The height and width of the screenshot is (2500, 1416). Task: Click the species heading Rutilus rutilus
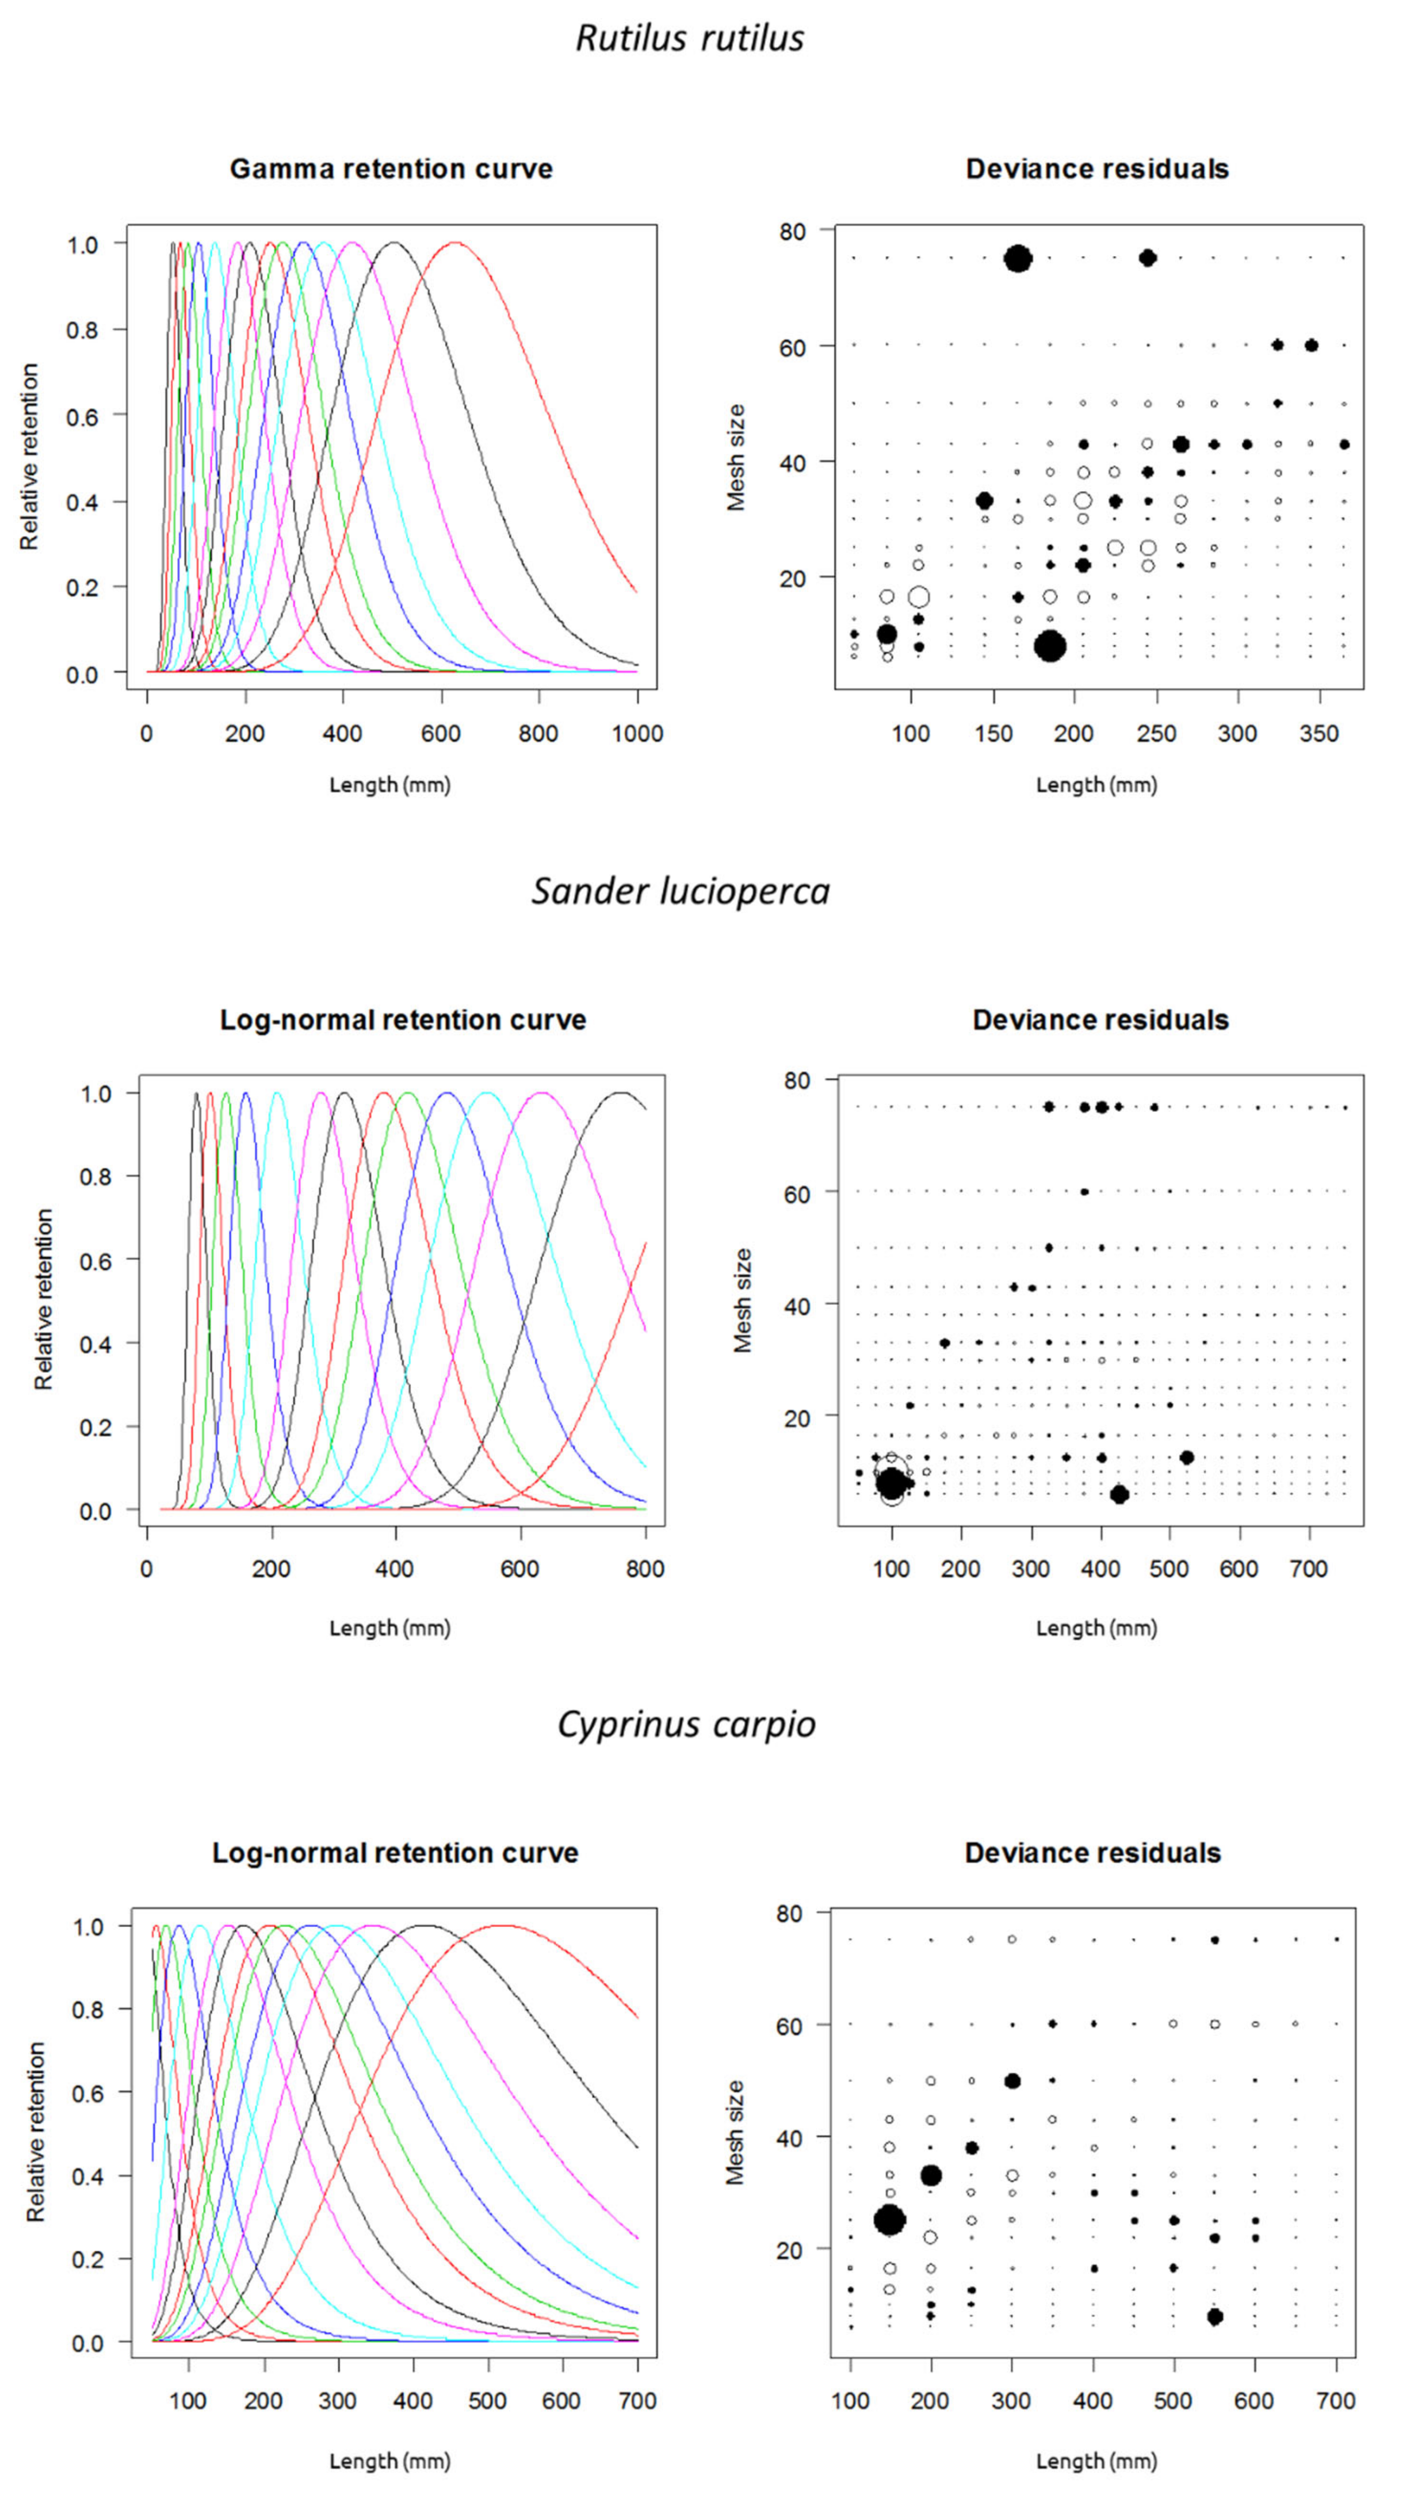click(x=690, y=38)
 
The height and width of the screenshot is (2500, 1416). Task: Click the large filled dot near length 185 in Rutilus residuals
click(x=1049, y=646)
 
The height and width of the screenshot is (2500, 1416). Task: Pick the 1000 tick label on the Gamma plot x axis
click(x=637, y=734)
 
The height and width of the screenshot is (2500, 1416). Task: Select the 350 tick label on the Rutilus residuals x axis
click(x=1319, y=734)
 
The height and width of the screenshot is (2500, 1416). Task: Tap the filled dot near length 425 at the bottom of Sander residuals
click(x=1119, y=1494)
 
